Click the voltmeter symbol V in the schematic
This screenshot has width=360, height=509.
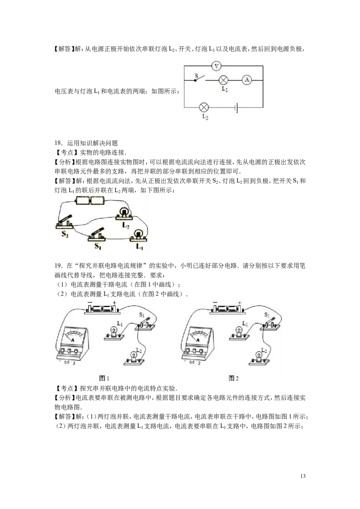pyautogui.click(x=216, y=66)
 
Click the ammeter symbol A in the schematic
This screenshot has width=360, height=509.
pyautogui.click(x=247, y=80)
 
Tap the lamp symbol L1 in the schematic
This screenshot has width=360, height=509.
pyautogui.click(x=223, y=80)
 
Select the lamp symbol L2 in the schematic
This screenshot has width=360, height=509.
pyautogui.click(x=204, y=107)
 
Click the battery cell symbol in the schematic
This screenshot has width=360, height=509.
pyautogui.click(x=237, y=107)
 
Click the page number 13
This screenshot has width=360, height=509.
pyautogui.click(x=303, y=476)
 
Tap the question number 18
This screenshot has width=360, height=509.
pyautogui.click(x=58, y=143)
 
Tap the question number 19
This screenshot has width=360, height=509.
pyautogui.click(x=58, y=266)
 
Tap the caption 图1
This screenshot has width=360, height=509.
pyautogui.click(x=104, y=378)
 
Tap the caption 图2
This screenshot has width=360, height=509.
pyautogui.click(x=234, y=378)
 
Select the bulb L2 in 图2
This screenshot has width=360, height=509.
pyautogui.click(x=259, y=357)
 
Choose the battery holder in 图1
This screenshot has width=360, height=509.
pyautogui.click(x=102, y=308)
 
